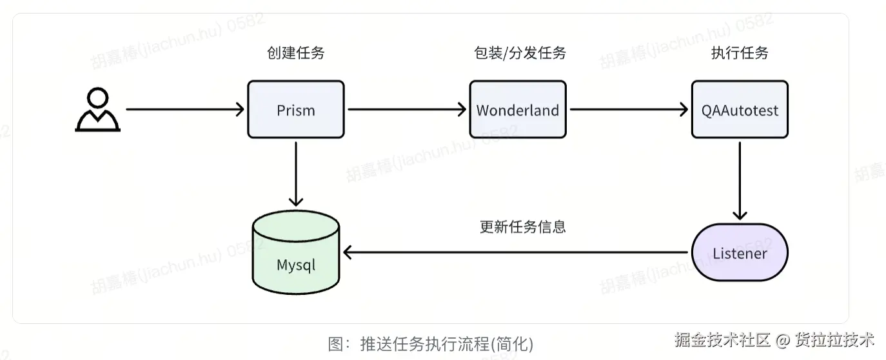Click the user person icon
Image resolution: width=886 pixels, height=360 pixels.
(97, 110)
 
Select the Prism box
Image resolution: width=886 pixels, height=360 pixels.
(296, 110)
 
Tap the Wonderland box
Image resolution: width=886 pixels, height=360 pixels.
(518, 110)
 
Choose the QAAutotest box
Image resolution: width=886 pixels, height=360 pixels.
(740, 110)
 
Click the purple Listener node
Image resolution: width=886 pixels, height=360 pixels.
(740, 252)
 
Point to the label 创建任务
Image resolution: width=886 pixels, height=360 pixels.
(296, 53)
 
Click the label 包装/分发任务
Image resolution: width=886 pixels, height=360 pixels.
(520, 53)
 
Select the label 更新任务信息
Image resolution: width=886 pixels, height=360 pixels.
(522, 226)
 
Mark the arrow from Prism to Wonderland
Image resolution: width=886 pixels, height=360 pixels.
(407, 110)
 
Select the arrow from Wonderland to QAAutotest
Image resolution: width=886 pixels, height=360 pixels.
(629, 110)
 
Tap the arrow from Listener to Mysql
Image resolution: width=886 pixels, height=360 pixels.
(516, 252)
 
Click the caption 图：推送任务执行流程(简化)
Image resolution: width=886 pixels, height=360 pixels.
(431, 344)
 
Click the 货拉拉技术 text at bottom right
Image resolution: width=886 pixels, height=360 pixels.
(834, 340)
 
